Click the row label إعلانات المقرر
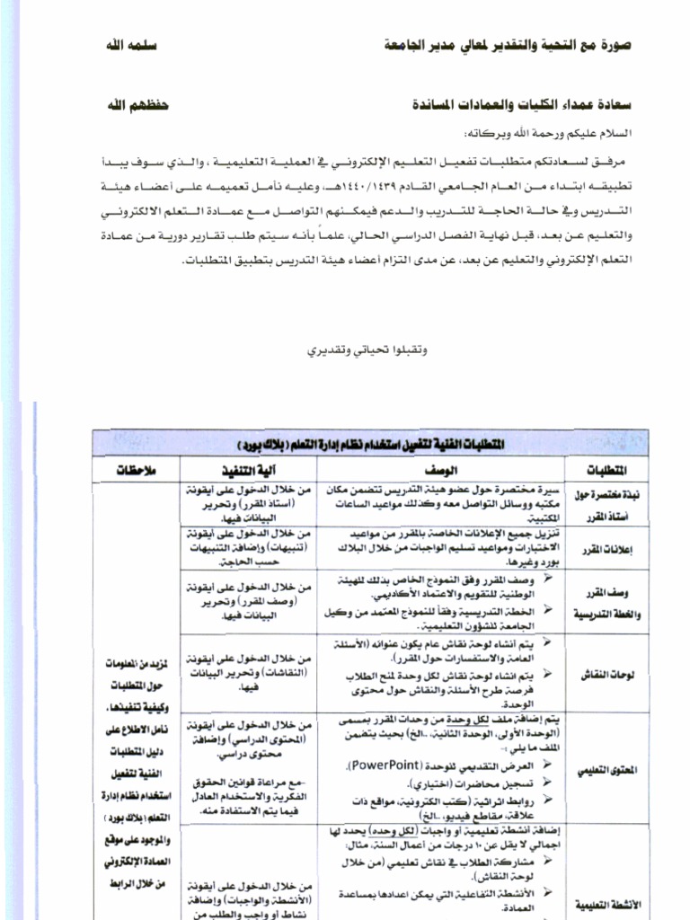pyautogui.click(x=597, y=548)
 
